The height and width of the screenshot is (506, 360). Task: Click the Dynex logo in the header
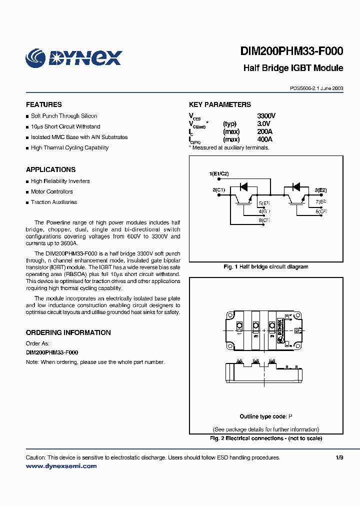tap(73, 57)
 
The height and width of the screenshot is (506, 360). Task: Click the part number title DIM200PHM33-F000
tap(291, 51)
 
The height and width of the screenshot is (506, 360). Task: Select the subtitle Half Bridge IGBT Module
tap(293, 68)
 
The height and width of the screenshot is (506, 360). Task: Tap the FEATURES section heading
tap(44, 104)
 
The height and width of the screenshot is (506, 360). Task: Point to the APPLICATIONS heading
tap(50, 169)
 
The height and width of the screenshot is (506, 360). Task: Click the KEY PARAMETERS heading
tap(220, 104)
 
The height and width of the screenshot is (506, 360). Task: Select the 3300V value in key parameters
tap(266, 116)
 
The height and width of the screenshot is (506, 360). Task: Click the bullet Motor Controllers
tap(51, 191)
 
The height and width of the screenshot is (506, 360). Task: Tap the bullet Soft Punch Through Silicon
tap(64, 116)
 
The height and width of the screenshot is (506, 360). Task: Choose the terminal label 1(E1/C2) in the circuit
tap(219, 174)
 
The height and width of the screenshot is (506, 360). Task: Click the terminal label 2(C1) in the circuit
tap(219, 190)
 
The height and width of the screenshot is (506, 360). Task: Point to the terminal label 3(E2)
tap(320, 190)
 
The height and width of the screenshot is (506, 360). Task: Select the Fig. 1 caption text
tap(265, 267)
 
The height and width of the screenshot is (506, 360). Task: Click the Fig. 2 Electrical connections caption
tap(265, 438)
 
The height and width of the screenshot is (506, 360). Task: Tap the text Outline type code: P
tap(265, 416)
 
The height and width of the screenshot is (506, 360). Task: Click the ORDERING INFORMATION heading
tap(68, 332)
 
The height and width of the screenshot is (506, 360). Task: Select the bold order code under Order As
tap(52, 352)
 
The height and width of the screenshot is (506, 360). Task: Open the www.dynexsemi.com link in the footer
tap(61, 466)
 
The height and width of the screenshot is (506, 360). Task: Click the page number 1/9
tap(339, 457)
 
